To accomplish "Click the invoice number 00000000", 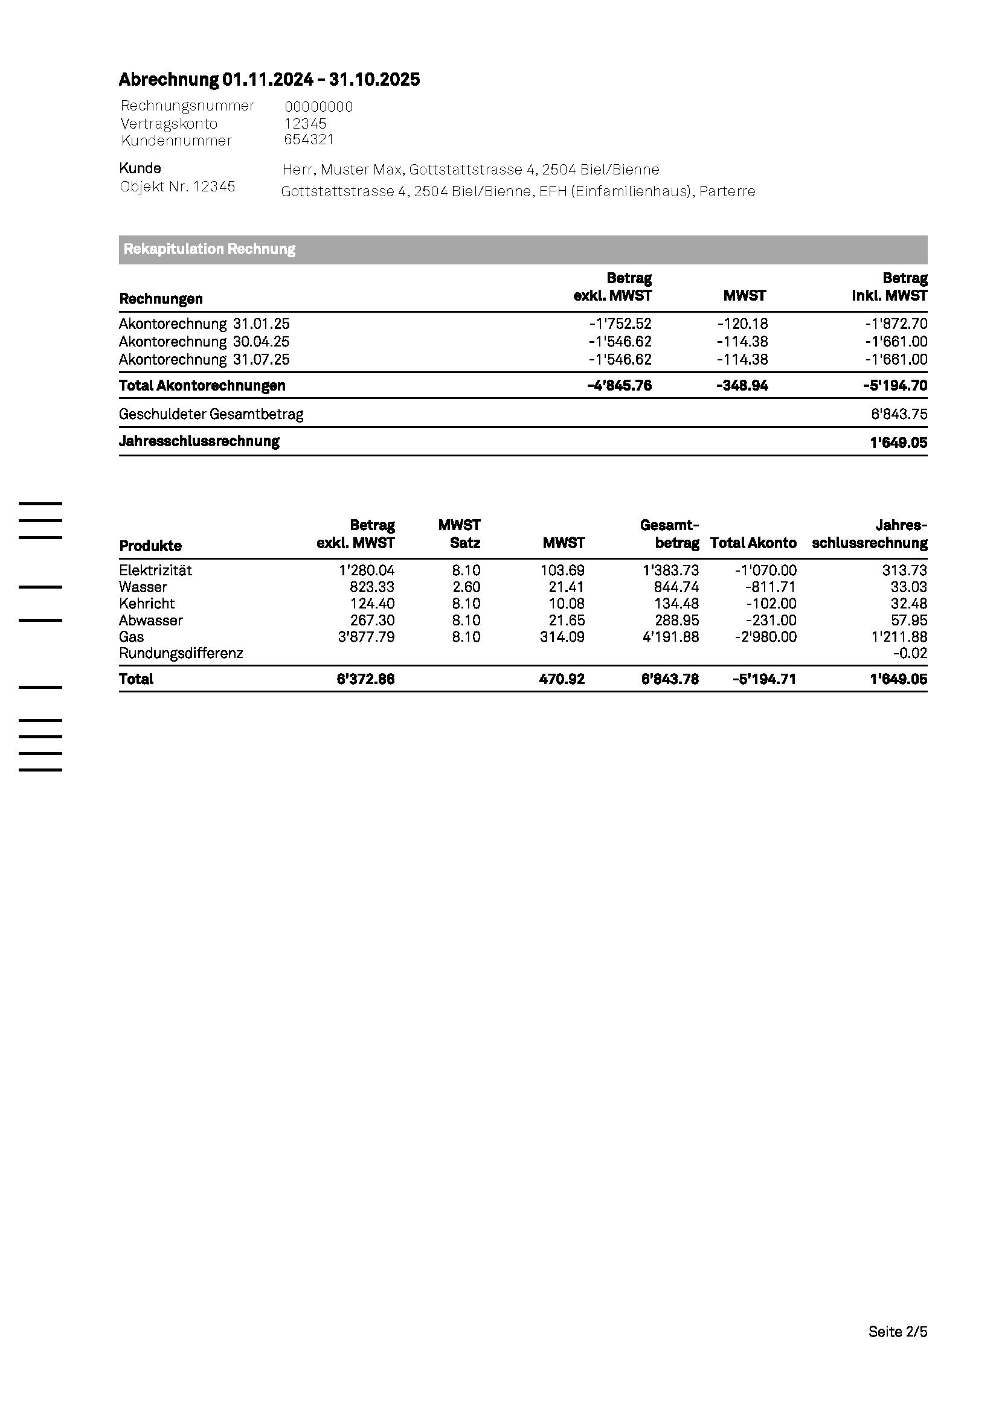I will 319,107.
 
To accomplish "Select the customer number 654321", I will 309,139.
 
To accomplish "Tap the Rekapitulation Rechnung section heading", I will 209,249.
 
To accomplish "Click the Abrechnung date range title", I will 269,79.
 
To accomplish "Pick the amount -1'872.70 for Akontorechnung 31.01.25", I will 895,324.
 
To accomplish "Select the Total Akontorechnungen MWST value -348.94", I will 742,386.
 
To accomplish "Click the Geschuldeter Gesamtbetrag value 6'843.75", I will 899,415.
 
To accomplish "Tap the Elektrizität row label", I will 155,570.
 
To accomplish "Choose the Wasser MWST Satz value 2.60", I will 466,587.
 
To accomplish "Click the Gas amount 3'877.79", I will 366,637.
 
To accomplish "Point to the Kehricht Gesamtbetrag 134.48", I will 676,604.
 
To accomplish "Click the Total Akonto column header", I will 753,543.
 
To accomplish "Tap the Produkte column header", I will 150,546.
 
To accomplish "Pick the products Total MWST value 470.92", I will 562,679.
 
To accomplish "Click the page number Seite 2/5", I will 898,1332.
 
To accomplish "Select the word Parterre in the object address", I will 727,191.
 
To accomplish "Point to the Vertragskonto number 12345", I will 305,124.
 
